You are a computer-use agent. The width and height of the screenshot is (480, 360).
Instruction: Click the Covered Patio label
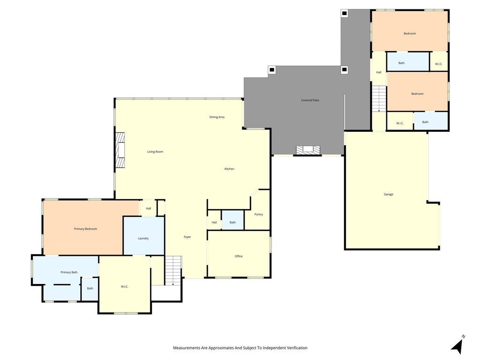310,100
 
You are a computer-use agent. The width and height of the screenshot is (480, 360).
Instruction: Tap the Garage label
389,194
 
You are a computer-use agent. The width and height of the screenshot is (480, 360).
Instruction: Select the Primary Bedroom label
85,229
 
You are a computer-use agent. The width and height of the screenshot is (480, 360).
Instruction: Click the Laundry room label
143,238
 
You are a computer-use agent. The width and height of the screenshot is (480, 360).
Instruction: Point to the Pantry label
258,214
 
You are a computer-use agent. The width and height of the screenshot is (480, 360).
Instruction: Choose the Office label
239,256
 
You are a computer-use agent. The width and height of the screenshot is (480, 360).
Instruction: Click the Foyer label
187,237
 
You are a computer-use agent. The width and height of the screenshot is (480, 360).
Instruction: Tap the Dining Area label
217,117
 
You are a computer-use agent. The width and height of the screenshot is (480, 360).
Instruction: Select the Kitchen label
229,169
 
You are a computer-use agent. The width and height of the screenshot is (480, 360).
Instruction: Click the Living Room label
155,152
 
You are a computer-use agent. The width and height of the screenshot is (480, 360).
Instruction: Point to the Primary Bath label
69,272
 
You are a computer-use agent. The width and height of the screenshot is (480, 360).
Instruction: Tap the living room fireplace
121,150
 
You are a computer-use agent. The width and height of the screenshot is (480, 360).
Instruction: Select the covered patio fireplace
308,150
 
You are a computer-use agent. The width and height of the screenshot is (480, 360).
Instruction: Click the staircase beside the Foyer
173,270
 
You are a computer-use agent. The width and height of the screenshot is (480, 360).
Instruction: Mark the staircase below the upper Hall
379,98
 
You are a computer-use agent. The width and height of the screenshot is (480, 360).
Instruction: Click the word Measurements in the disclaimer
186,348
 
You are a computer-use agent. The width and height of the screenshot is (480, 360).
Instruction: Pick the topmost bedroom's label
410,33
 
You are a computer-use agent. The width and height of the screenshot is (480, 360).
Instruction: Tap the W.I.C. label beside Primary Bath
125,286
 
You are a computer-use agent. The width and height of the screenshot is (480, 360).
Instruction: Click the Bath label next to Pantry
232,222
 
